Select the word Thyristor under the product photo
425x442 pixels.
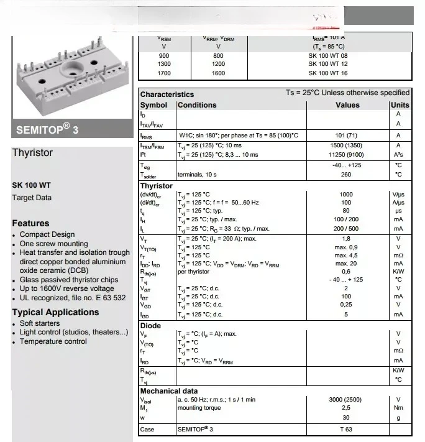pos(33,153)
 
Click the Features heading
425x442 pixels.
pos(30,223)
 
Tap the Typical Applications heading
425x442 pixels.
pos(55,313)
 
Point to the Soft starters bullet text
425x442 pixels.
pos(40,323)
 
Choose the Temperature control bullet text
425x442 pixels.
pos(53,341)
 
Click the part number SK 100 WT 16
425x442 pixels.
pos(337,73)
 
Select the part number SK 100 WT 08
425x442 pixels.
pos(337,55)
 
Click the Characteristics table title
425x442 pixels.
pos(167,94)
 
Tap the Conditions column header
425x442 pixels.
pos(197,105)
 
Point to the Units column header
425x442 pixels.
pos(400,105)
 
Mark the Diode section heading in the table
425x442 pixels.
pos(150,326)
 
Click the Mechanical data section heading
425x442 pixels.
pos(169,390)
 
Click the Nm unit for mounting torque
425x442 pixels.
pos(399,408)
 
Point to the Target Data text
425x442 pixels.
pos(32,198)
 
